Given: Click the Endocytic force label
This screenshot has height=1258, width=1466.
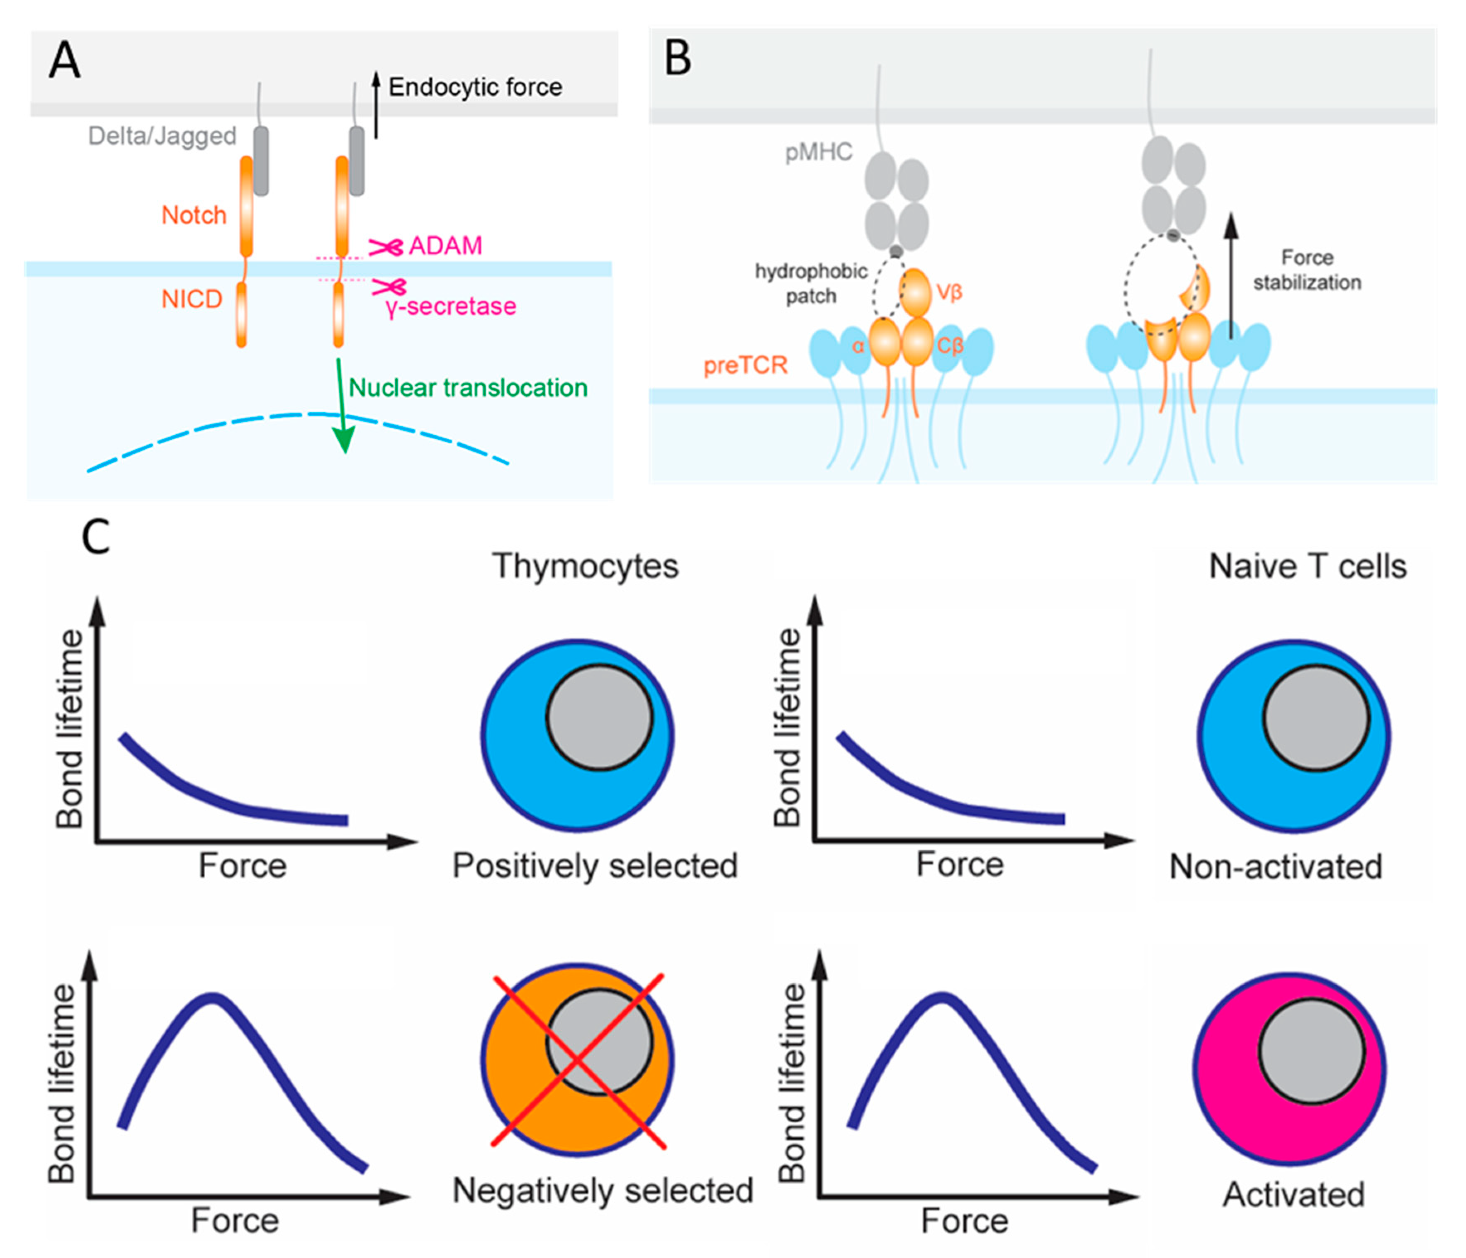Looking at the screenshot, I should [x=475, y=87].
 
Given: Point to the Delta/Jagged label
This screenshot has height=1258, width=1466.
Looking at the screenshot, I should [x=162, y=136].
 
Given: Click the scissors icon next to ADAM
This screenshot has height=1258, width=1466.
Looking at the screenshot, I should [x=386, y=247].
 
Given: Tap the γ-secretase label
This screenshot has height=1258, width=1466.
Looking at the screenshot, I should [x=451, y=307].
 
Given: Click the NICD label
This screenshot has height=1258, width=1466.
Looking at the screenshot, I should [x=192, y=299].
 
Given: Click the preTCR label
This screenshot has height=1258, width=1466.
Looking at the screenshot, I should [x=745, y=365].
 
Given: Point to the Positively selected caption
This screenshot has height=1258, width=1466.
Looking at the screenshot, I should [x=595, y=865].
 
